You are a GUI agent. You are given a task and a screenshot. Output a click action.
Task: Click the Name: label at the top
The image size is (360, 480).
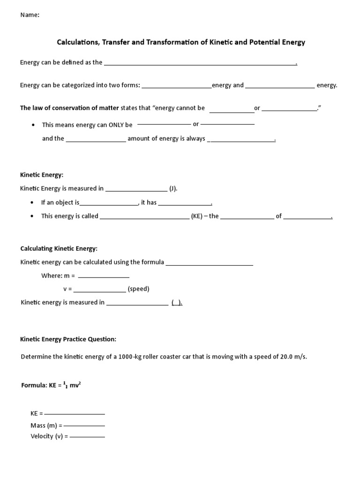[30, 15]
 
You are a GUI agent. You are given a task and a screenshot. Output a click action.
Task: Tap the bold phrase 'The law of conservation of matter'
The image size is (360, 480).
[69, 108]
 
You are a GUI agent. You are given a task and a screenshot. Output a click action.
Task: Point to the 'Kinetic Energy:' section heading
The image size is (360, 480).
[41, 175]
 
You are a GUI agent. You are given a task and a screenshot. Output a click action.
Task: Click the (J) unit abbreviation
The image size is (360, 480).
[173, 188]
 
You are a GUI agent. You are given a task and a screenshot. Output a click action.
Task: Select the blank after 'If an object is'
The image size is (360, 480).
[109, 204]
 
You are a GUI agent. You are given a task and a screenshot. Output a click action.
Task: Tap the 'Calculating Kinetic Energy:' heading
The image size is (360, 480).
[59, 248]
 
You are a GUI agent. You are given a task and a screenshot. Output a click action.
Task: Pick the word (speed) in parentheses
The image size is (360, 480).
[139, 289]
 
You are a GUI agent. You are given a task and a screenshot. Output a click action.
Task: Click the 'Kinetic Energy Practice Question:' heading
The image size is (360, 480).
[68, 339]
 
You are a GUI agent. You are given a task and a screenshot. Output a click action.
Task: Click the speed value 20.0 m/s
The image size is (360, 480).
[293, 357]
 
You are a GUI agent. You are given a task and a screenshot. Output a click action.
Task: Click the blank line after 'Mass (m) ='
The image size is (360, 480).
[84, 426]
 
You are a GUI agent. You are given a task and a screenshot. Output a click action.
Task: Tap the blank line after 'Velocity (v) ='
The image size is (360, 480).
[87, 437]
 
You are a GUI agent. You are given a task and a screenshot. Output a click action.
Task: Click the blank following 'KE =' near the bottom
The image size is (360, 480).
[75, 414]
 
